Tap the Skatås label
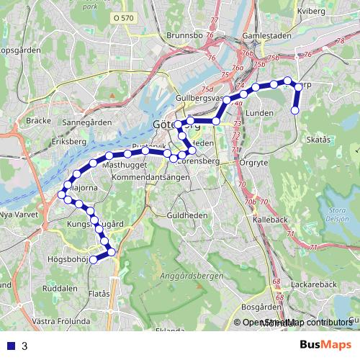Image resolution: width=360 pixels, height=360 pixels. (x=318, y=139)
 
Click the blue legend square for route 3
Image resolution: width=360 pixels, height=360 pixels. (x=10, y=346)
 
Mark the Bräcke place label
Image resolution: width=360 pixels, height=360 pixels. (x=37, y=121)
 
